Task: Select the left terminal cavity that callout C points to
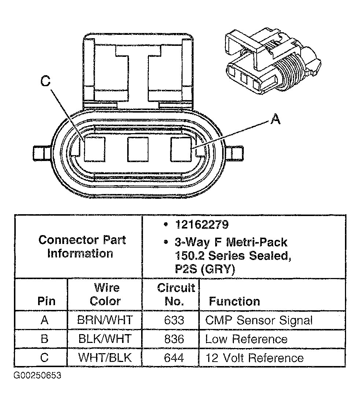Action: [95, 149]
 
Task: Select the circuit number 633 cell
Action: [174, 320]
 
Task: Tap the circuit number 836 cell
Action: [174, 339]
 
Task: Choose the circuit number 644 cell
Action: [174, 358]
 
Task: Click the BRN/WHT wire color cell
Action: [104, 320]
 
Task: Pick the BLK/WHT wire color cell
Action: [104, 339]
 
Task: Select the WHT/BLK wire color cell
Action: [104, 358]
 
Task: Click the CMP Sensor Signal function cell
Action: [259, 320]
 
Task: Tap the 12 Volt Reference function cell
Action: [254, 358]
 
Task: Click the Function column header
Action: [234, 301]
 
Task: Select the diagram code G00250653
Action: [37, 376]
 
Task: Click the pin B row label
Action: [44, 339]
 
